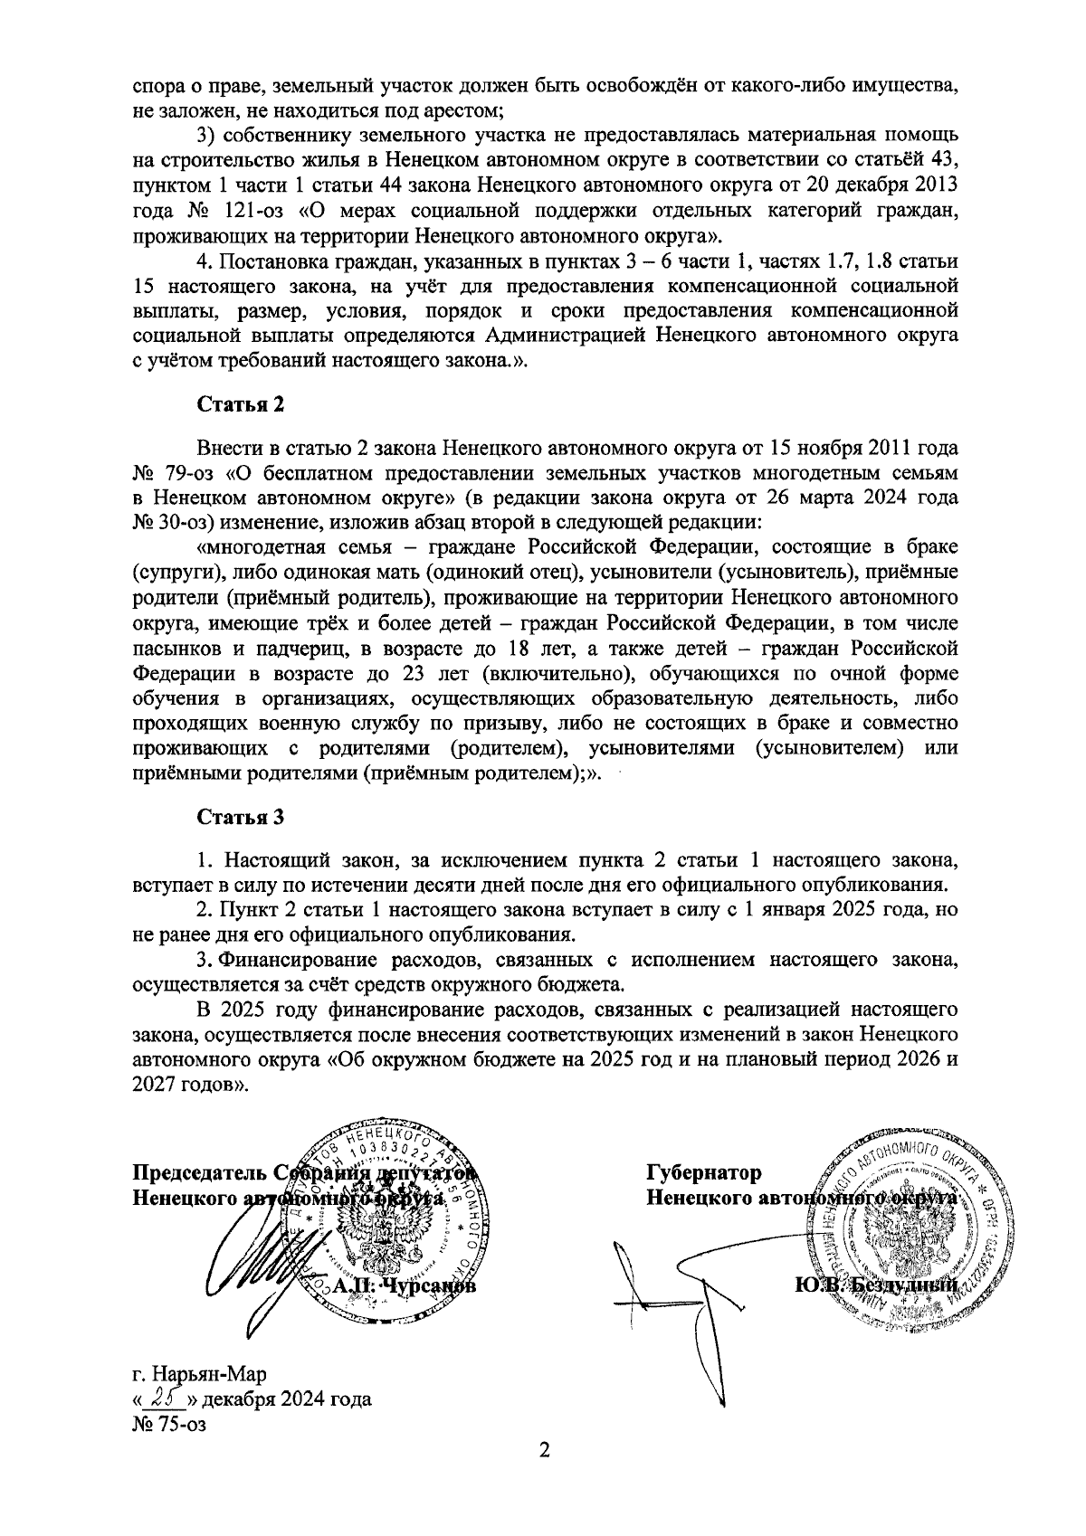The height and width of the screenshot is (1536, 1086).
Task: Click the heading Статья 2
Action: point(241,404)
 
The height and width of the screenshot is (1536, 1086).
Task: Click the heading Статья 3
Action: point(241,817)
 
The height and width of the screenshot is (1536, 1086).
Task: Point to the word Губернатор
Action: point(703,1172)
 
